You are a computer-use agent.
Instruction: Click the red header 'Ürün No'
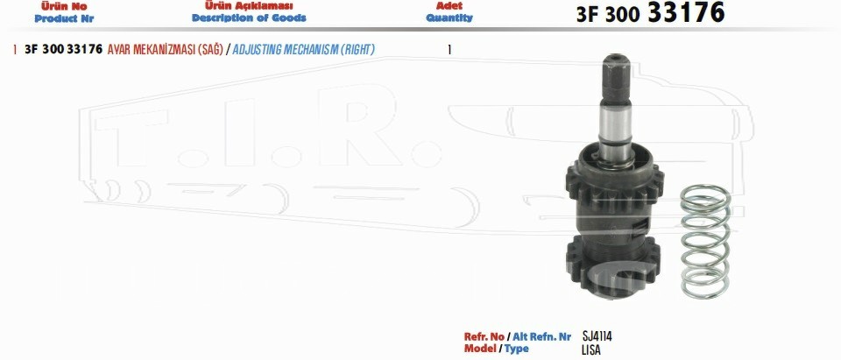click(64, 6)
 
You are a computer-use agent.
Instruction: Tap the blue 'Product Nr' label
click(64, 18)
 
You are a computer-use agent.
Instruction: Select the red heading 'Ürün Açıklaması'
click(249, 6)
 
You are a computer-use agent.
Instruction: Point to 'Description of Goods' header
click(249, 18)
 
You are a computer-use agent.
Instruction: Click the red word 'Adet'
click(449, 6)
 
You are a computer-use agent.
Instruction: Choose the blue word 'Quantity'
click(449, 18)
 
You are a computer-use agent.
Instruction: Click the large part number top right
click(651, 13)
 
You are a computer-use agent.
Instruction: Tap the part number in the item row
click(63, 49)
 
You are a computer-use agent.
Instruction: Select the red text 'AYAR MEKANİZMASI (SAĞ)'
click(166, 49)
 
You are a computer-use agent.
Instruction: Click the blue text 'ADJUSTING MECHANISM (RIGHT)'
click(304, 49)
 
